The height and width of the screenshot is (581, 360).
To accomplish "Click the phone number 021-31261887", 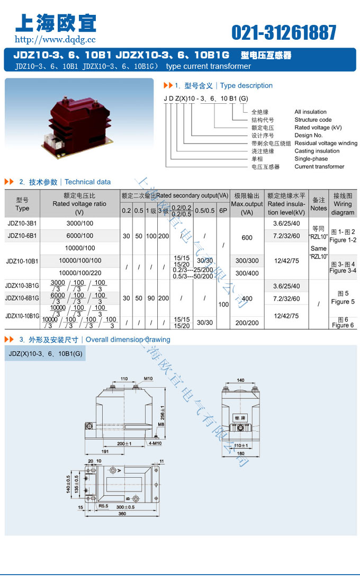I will tap(284, 33).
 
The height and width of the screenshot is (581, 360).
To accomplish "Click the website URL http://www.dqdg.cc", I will tap(55, 39).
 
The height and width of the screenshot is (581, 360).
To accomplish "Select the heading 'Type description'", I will tap(246, 85).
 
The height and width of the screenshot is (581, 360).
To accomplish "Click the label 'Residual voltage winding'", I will tap(326, 143).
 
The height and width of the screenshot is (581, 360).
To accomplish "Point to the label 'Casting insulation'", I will tap(317, 151).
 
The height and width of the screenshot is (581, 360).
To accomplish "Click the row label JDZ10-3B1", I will tap(22, 223).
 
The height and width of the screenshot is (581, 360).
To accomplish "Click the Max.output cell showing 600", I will tap(247, 238).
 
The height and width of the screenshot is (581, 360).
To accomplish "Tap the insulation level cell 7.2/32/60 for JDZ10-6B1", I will tap(286, 236).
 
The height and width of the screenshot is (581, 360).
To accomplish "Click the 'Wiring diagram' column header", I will tap(343, 203).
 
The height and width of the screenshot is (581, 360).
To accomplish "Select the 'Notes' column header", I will tap(318, 203).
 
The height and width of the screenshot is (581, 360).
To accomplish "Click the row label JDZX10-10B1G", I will tap(22, 316).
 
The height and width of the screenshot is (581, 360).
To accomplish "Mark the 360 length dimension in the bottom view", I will tap(122, 514).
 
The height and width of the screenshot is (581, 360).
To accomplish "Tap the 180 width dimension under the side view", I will tap(241, 453).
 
